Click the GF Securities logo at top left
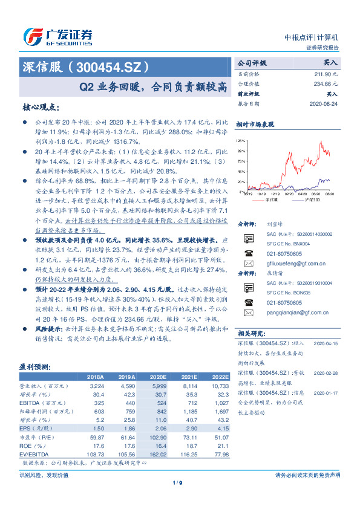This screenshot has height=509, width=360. pos(57,36)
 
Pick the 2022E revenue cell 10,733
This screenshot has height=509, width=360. pos(221,385)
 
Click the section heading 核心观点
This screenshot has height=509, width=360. pos(41,107)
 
